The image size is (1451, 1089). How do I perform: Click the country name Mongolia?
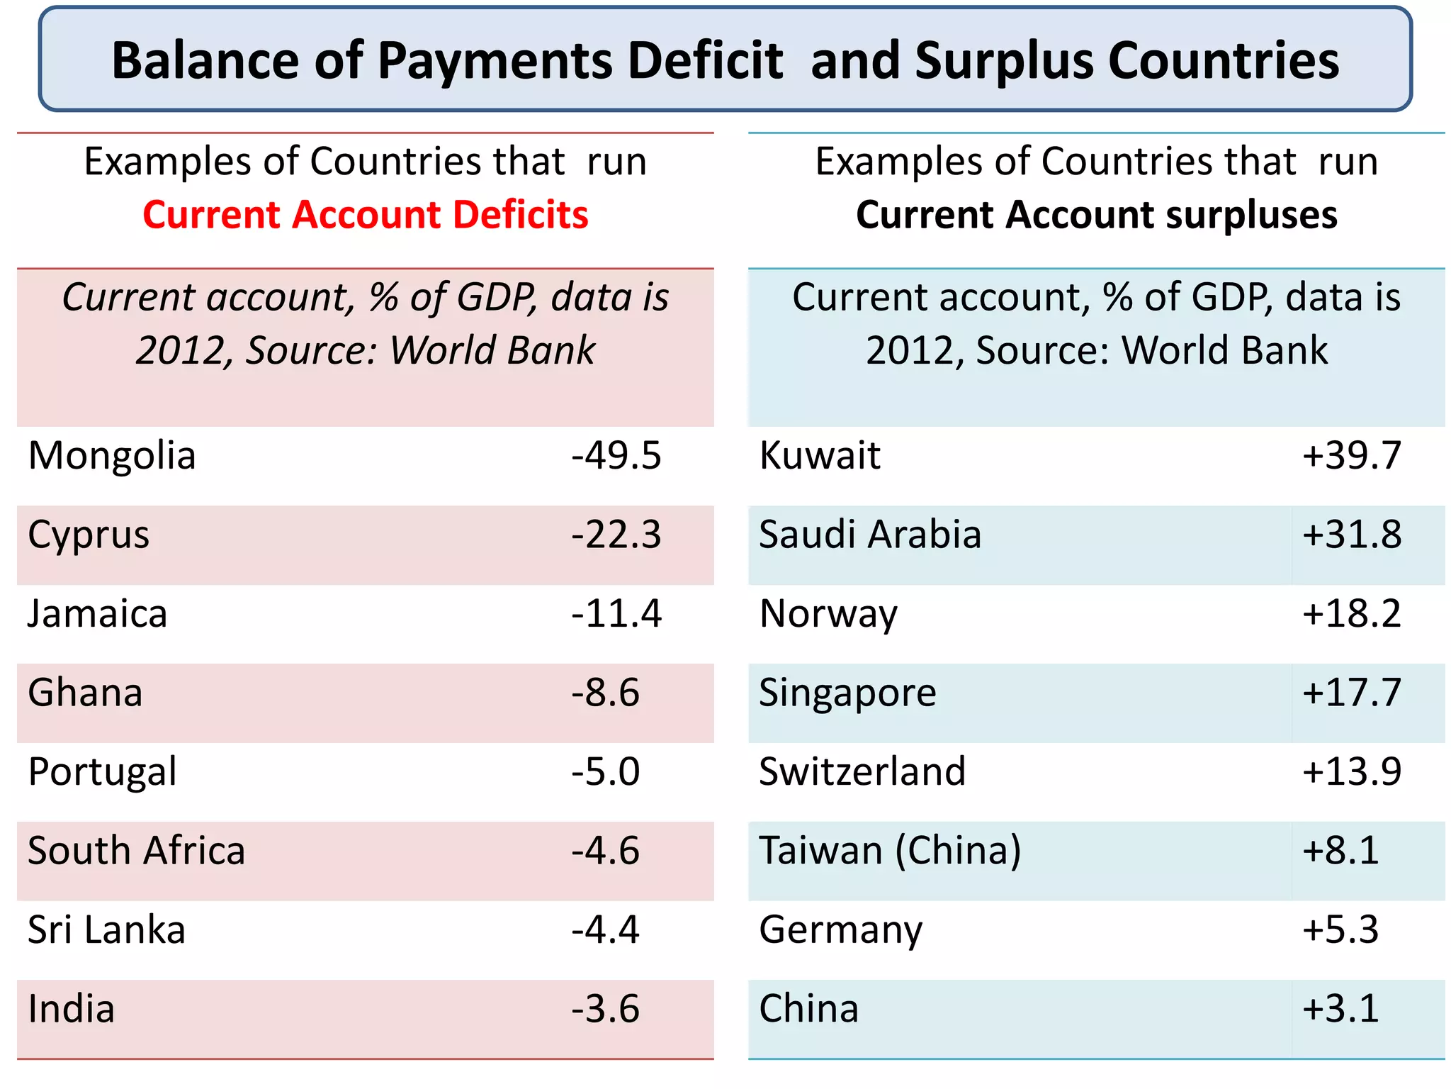[112, 456]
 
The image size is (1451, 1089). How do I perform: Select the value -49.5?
[616, 456]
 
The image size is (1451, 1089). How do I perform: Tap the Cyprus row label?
[89, 535]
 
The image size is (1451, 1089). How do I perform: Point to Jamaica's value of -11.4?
[616, 614]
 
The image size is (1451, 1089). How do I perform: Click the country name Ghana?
[85, 693]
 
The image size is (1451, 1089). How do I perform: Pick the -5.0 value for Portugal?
[605, 772]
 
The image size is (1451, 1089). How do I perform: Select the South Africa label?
[136, 851]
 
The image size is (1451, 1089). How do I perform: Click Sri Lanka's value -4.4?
[605, 930]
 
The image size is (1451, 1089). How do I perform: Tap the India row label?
[71, 1009]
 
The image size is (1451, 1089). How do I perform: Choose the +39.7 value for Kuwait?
[1351, 456]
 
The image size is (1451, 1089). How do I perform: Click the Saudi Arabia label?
[869, 535]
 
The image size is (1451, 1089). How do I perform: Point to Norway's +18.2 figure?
[1351, 614]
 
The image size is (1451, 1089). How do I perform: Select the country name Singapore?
[847, 693]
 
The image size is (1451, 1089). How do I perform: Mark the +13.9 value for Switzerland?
[1351, 772]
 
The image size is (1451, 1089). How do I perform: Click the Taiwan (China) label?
[890, 851]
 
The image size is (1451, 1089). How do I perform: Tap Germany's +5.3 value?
[1340, 930]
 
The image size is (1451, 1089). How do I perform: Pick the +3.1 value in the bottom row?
[1340, 1009]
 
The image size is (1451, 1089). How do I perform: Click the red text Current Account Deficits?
[365, 215]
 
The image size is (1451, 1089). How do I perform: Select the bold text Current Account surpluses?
[1096, 215]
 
